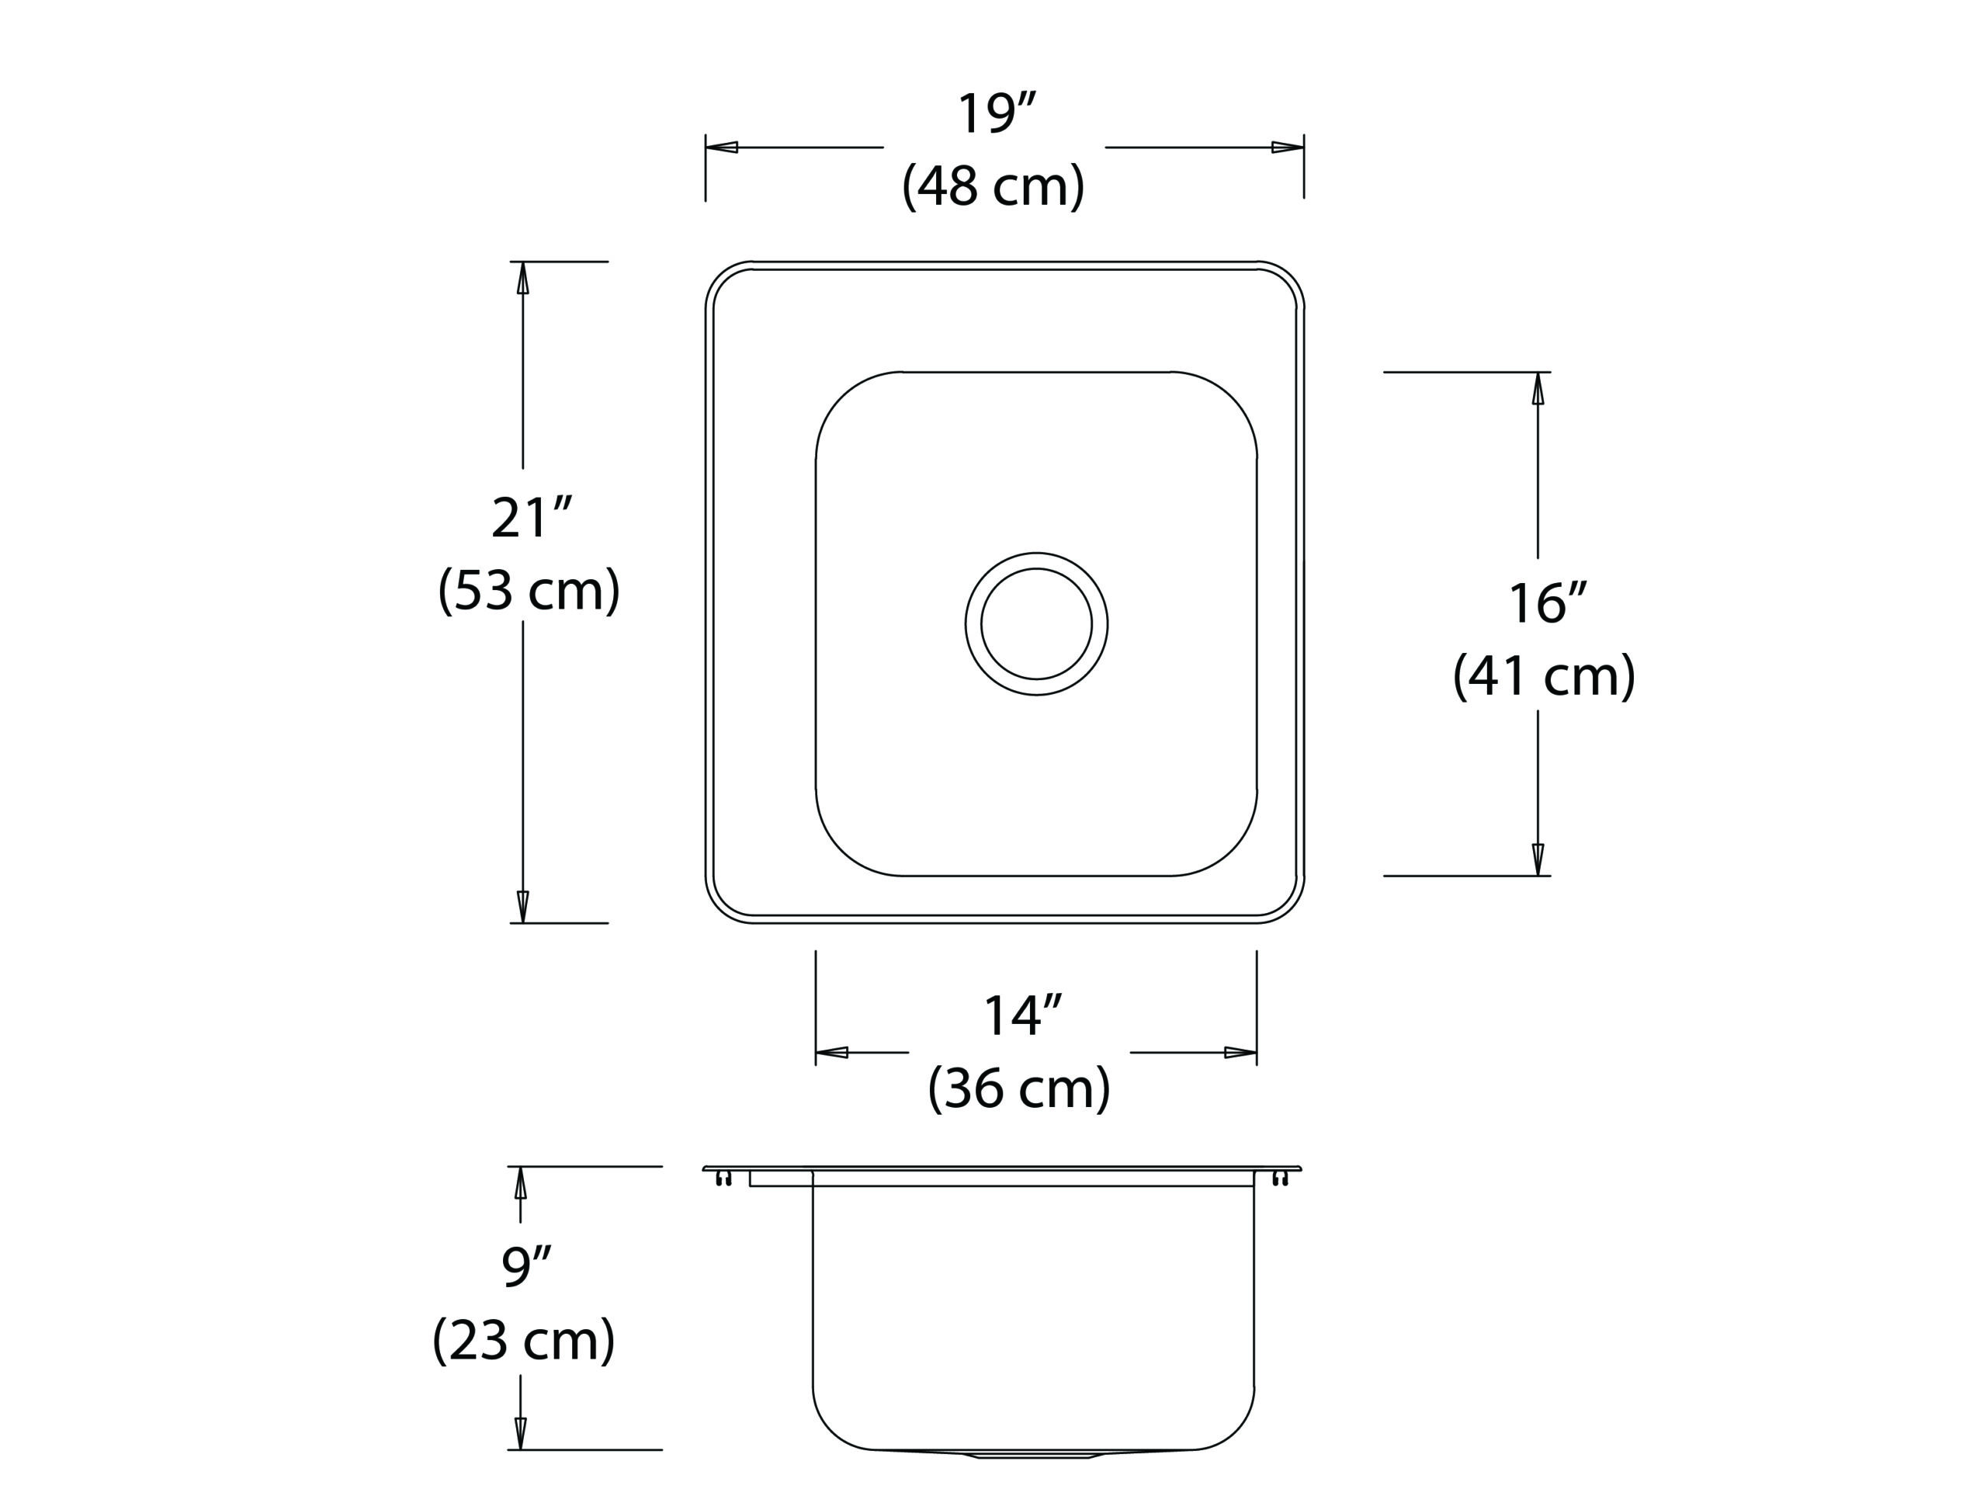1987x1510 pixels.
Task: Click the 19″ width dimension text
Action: click(x=996, y=114)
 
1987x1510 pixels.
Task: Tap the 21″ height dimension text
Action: click(x=531, y=518)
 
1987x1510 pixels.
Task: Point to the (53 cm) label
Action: click(x=529, y=591)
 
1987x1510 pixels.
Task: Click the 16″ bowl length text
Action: click(x=1548, y=603)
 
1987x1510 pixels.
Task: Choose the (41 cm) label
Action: click(x=1545, y=676)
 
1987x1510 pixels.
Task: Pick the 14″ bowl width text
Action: click(x=1023, y=1015)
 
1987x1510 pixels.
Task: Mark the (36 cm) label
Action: click(x=1019, y=1088)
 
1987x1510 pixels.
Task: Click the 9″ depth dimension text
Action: click(x=526, y=1265)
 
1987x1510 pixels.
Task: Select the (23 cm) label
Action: click(x=524, y=1340)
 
